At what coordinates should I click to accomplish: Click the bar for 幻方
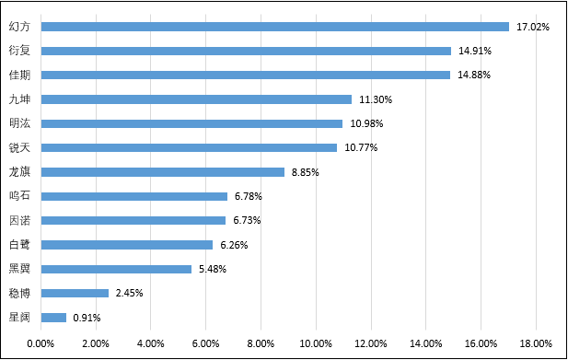tap(275, 27)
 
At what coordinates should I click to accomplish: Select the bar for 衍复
tap(246, 51)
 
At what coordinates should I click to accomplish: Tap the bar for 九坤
tap(196, 99)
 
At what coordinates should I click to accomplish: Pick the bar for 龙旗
tap(163, 172)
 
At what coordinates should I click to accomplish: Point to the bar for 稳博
tap(75, 293)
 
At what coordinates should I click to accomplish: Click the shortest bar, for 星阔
tap(53, 318)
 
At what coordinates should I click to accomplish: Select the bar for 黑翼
tap(116, 269)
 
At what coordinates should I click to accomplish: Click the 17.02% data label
tap(532, 27)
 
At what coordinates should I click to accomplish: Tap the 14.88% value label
tap(474, 75)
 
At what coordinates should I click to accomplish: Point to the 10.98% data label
tap(366, 123)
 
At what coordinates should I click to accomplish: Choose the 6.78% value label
tap(249, 196)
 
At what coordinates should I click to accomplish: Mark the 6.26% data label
tap(234, 245)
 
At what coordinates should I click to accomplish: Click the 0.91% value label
tap(87, 318)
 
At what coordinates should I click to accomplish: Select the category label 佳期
tap(19, 75)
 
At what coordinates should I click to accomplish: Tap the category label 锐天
tap(19, 147)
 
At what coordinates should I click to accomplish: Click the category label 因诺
tap(19, 221)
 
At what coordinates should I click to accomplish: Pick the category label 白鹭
tap(19, 245)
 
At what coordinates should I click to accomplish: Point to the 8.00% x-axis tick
tap(261, 343)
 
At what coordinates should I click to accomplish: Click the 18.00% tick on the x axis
tap(536, 343)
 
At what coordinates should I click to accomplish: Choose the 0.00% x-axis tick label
tap(41, 343)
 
